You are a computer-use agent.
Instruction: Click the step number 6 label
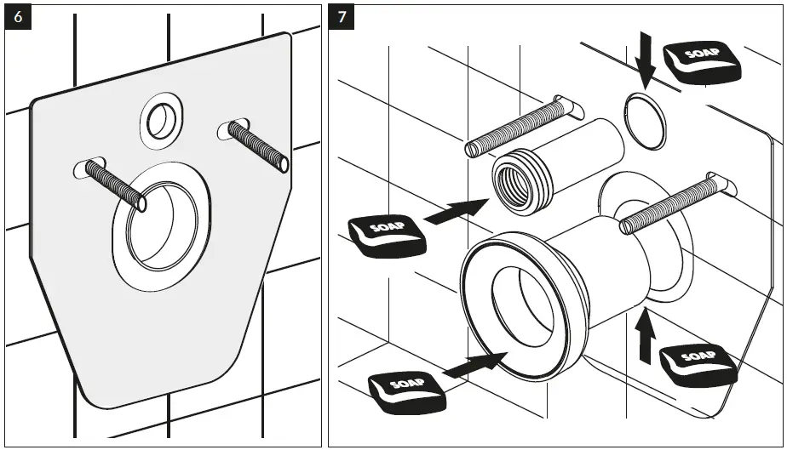19,18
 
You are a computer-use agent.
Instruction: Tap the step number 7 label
342,18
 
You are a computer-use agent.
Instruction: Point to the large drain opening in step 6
162,225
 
